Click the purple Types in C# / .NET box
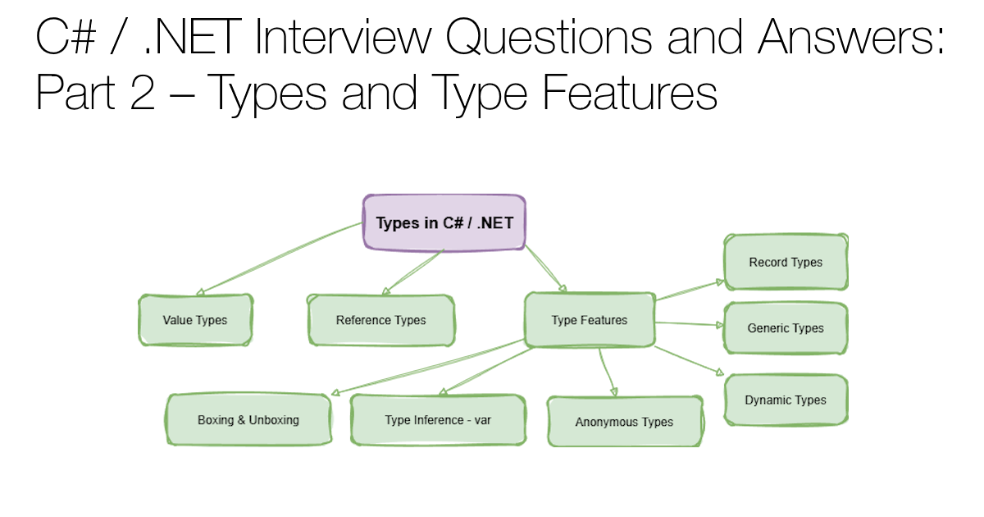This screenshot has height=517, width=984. click(x=444, y=222)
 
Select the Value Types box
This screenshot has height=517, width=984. click(x=195, y=320)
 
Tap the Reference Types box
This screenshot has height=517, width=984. click(x=380, y=320)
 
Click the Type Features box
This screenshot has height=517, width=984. click(x=589, y=320)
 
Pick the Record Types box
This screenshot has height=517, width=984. click(x=785, y=263)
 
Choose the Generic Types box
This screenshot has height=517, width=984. click(x=785, y=328)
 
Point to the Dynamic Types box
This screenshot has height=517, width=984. click(x=785, y=400)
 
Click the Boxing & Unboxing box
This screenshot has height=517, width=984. click(x=248, y=420)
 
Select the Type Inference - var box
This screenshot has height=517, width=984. click(x=437, y=420)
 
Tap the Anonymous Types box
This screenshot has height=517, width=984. click(x=624, y=422)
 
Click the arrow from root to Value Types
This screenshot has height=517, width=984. click(x=279, y=258)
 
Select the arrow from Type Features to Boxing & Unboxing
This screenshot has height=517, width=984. click(x=426, y=367)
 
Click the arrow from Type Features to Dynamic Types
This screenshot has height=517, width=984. click(x=689, y=362)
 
